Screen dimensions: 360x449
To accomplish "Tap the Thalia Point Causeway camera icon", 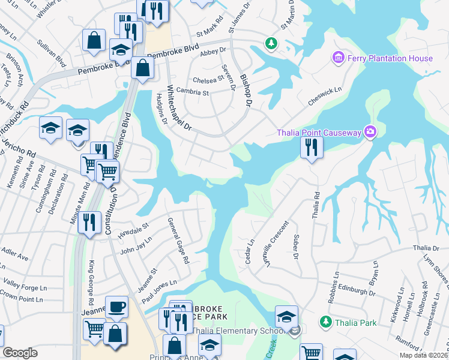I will (370, 132).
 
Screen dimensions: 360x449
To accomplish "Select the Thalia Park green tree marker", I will (326, 322).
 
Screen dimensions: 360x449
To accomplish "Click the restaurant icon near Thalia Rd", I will (312, 148).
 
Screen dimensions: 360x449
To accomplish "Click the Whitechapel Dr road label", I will (178, 107).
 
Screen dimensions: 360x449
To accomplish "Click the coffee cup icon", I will (116, 307).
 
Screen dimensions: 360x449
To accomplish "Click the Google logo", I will (20, 353).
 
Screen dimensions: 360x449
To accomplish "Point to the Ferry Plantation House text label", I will (390, 58).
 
